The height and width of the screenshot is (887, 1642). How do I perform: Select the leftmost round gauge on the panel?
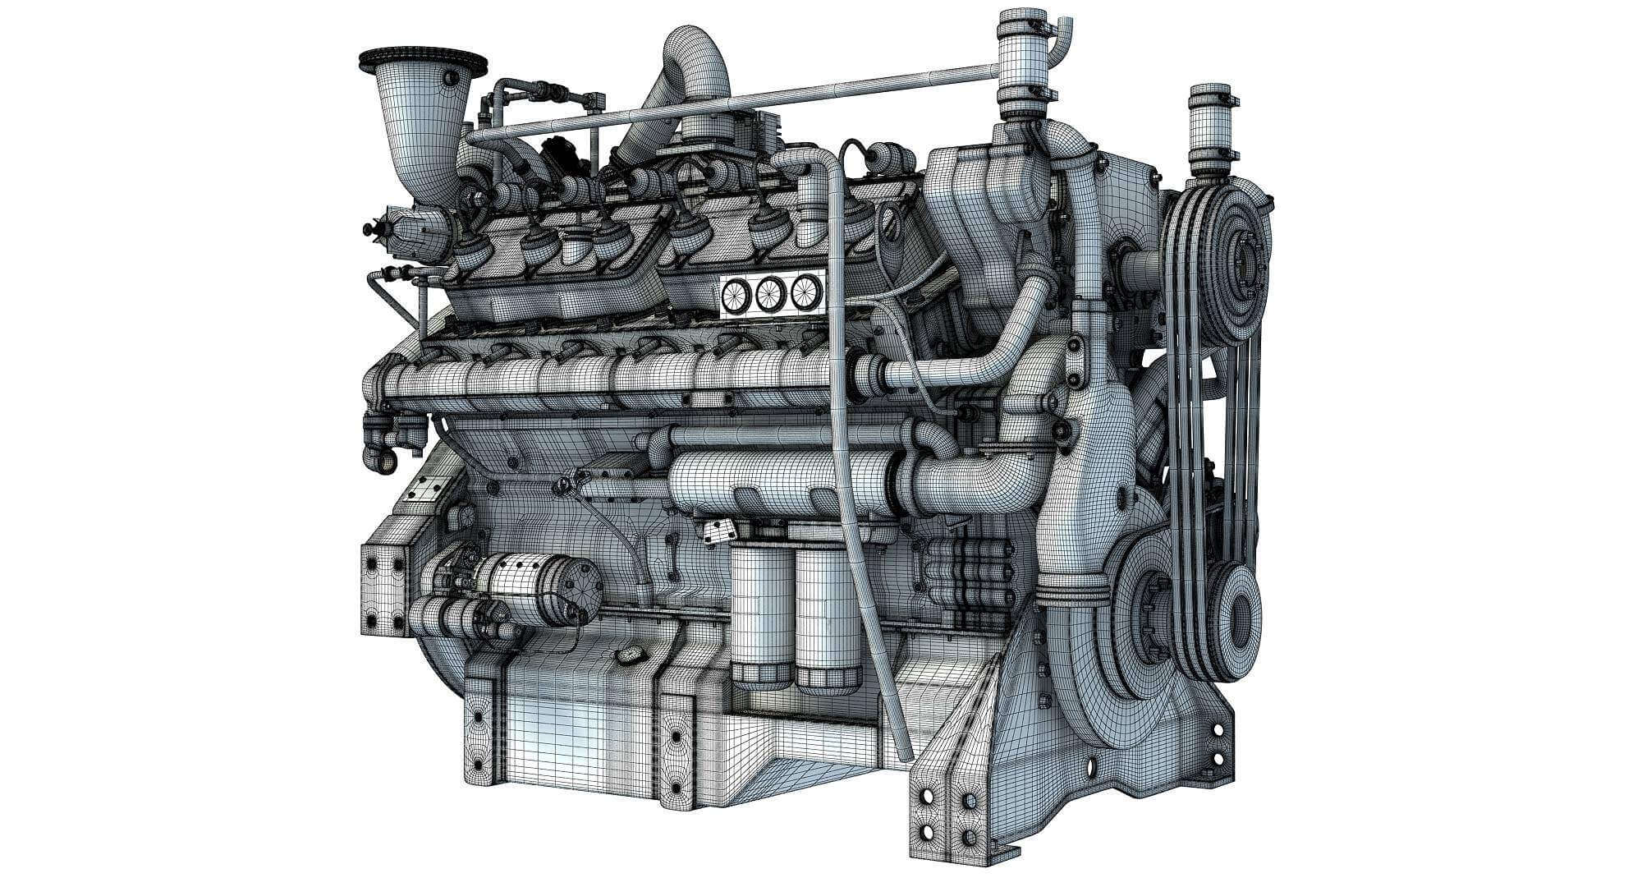tap(736, 295)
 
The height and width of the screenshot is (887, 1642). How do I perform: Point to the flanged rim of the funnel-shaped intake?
tap(424, 62)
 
